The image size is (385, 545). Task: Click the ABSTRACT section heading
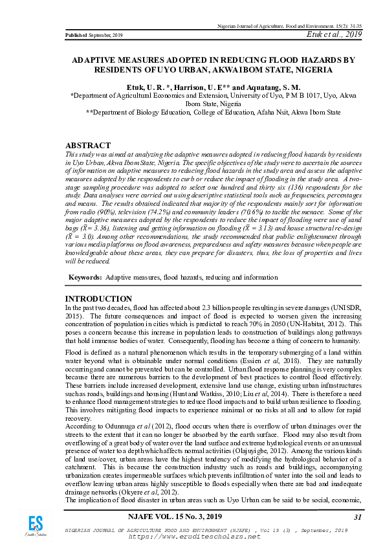point(89,146)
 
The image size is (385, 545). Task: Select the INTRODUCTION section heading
point(99,298)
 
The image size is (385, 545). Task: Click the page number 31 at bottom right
point(358,517)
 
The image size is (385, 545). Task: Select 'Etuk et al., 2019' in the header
point(335,34)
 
